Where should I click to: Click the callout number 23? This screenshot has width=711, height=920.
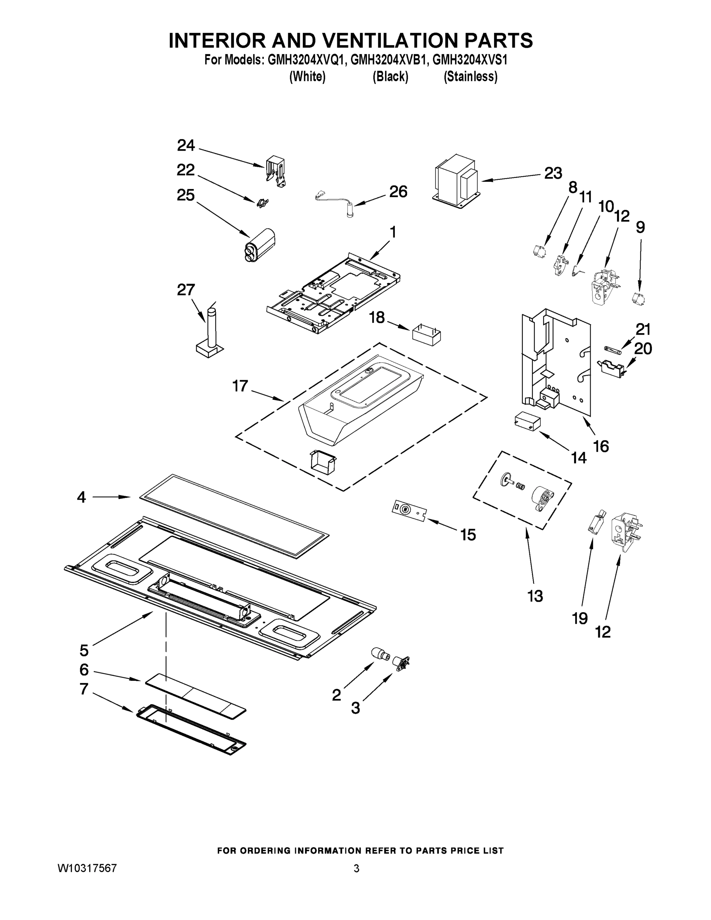pos(553,173)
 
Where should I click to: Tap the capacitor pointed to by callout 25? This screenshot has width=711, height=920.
pos(259,245)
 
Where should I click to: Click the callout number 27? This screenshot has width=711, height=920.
pos(186,290)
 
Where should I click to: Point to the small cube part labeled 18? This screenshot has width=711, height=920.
pos(426,335)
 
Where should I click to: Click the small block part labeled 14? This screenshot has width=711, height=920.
pos(527,421)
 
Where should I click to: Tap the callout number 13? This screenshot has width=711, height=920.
pos(535,596)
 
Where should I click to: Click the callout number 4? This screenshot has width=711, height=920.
pos(81,498)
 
